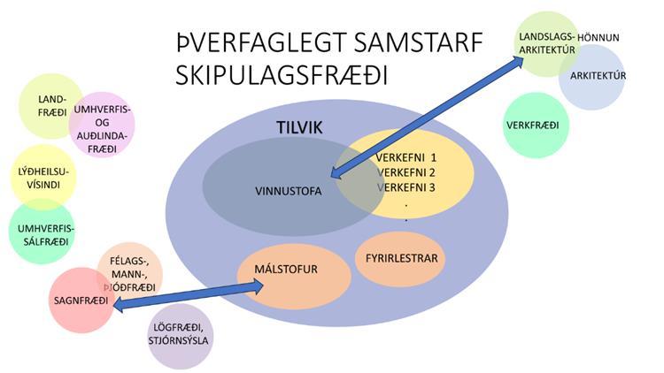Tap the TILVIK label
(x=298, y=129)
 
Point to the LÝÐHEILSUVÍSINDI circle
(x=43, y=175)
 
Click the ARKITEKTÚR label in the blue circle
(x=598, y=76)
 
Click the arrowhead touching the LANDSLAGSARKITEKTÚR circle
(x=521, y=60)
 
